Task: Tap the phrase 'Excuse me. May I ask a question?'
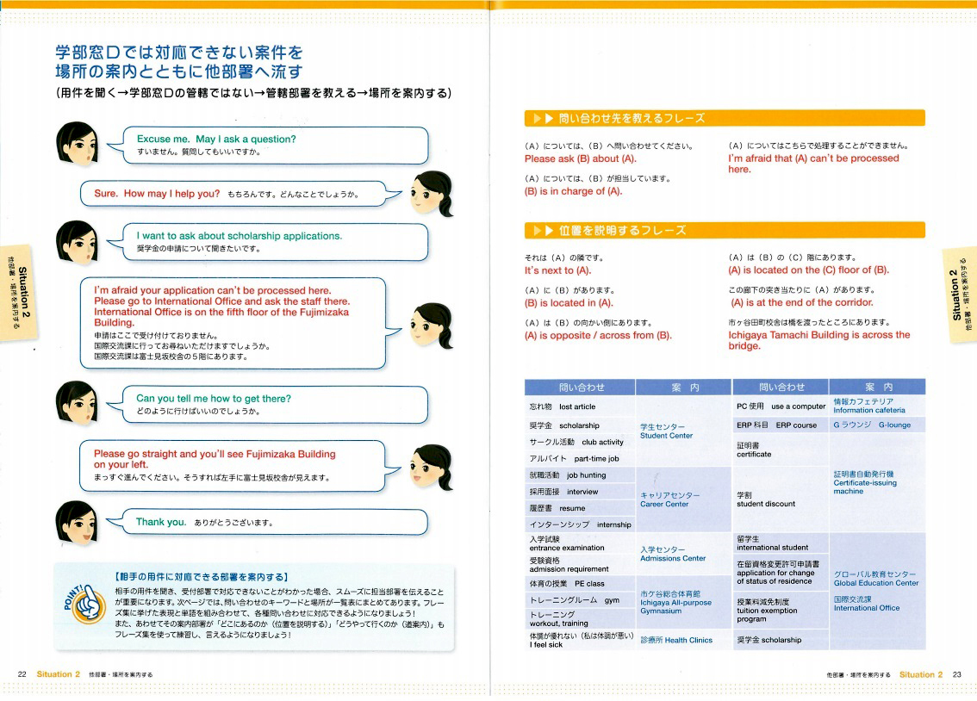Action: [x=216, y=140]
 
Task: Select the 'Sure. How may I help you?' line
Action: [x=157, y=194]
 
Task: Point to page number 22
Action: [x=23, y=674]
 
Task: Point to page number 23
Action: [x=956, y=674]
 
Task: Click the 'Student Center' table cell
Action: [x=666, y=431]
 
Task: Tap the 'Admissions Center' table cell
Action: [x=673, y=554]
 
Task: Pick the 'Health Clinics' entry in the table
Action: [x=676, y=640]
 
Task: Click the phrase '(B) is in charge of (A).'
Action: [x=573, y=191]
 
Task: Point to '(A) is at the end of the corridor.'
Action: [x=801, y=302]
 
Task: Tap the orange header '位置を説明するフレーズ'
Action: [x=620, y=230]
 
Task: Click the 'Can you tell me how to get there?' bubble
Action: [x=214, y=399]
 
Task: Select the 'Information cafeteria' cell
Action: [x=869, y=406]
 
